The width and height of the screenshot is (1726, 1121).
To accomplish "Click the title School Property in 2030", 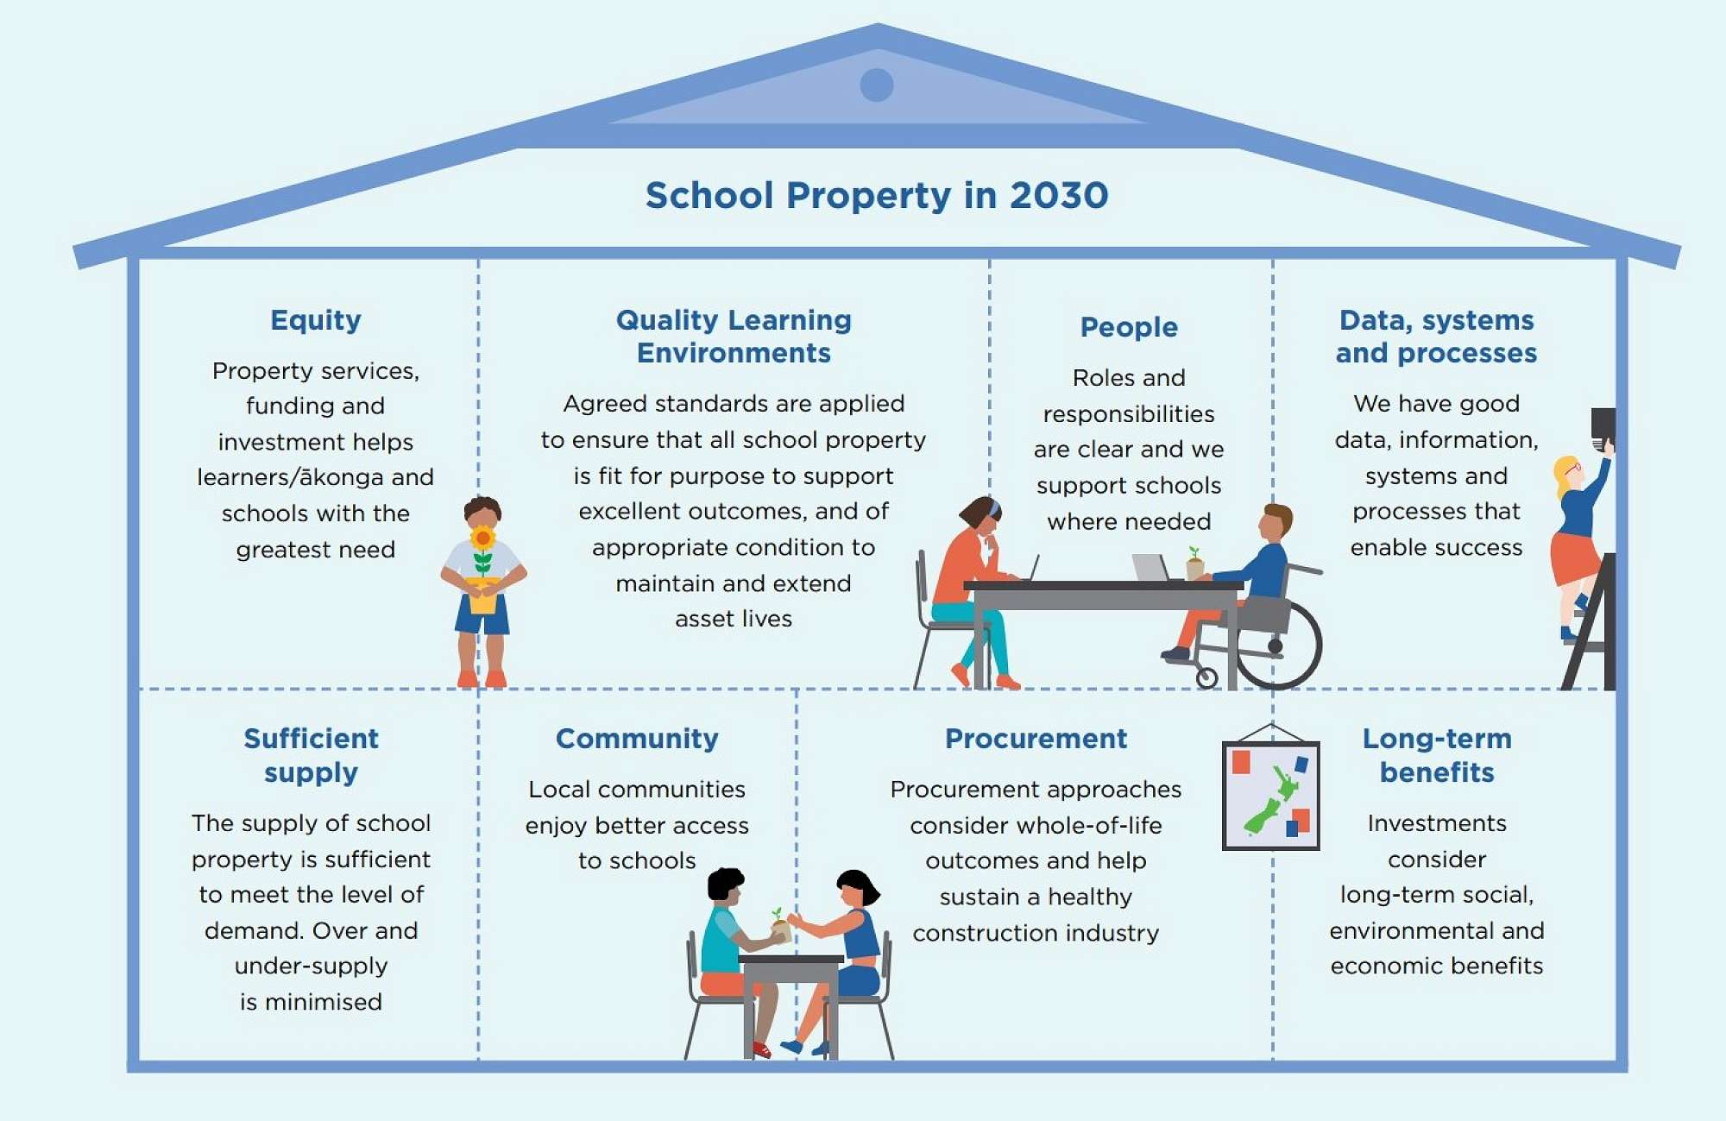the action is (x=877, y=196).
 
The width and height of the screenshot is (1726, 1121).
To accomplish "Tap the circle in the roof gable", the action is (x=877, y=85).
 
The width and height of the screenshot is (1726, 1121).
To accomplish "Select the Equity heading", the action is (x=316, y=320).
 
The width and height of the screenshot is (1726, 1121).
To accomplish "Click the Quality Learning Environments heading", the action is (x=734, y=337).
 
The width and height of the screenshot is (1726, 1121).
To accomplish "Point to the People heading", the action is (x=1129, y=327).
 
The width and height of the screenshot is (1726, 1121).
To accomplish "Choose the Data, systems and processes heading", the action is (x=1436, y=337).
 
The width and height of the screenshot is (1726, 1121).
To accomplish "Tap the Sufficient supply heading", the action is (x=311, y=755).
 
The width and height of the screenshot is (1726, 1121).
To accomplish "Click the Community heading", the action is (x=637, y=739).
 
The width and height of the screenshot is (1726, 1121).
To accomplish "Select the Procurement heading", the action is (x=1036, y=739).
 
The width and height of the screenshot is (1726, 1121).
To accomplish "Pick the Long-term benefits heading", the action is (x=1437, y=755).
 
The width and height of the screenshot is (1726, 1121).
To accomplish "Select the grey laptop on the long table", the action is (x=1151, y=567).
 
